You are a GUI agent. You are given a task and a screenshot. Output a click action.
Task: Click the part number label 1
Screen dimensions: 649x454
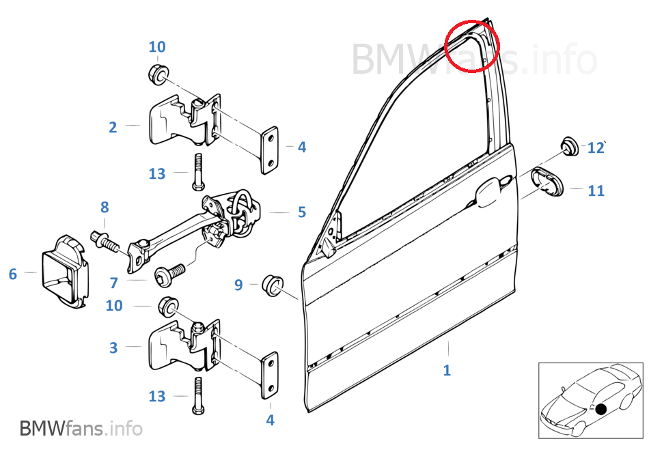pos(447,370)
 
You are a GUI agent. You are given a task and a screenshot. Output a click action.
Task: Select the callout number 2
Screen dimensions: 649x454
pos(113,127)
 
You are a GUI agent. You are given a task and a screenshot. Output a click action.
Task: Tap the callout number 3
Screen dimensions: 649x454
pos(113,347)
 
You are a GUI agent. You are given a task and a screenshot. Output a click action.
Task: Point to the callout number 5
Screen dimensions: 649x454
pos(302,212)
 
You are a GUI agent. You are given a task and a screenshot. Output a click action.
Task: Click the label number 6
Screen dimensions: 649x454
pos(13,274)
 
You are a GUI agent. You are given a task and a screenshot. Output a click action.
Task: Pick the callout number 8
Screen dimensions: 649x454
pos(105,207)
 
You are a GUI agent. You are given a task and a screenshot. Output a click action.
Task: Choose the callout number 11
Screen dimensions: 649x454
pos(596,190)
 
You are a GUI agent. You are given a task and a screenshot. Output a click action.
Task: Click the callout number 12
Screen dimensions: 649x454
pos(596,147)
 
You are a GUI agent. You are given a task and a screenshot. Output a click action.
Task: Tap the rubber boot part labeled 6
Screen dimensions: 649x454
pos(65,272)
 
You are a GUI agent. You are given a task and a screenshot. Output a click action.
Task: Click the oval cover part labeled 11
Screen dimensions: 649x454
pos(547,181)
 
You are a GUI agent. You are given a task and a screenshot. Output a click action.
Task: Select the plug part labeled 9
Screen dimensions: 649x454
pos(273,285)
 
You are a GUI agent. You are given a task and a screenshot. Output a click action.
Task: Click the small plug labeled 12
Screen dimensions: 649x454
pos(570,145)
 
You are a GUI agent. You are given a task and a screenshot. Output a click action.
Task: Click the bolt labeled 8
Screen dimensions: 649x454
pos(105,240)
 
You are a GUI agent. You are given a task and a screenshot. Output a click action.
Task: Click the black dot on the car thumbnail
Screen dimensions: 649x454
pos(601,410)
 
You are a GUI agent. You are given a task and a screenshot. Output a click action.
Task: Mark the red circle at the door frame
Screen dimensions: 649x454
pos(472,46)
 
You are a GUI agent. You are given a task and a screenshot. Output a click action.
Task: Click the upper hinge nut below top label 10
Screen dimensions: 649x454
pos(158,74)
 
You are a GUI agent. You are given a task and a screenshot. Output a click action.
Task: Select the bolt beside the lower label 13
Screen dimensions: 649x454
pos(198,396)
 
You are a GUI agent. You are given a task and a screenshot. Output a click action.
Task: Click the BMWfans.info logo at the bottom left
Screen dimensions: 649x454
pos(81,428)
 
